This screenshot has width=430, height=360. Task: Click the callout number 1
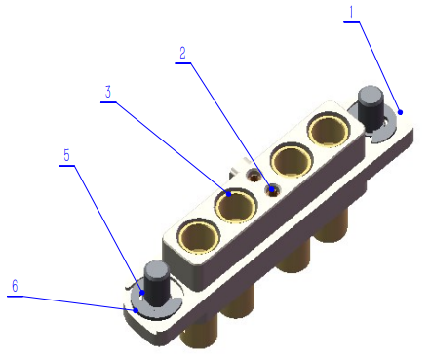(354, 12)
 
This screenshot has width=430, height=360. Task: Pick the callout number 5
(66, 155)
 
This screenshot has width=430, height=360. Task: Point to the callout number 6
(14, 286)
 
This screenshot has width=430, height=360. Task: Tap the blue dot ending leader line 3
(228, 194)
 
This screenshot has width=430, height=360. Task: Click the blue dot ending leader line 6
(125, 310)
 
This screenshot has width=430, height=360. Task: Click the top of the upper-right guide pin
(371, 96)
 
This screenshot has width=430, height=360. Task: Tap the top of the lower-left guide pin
(156, 269)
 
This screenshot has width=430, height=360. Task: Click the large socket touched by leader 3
(236, 206)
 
